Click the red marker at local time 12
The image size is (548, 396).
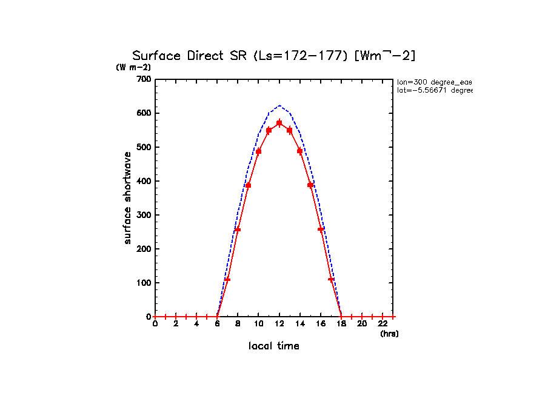pos(279,123)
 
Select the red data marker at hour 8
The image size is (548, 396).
pos(238,229)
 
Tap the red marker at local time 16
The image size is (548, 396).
pos(321,229)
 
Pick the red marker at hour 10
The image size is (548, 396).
pos(259,151)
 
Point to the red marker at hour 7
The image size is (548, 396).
pos(227,279)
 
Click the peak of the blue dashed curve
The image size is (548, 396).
pos(279,105)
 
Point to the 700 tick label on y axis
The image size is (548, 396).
pos(144,79)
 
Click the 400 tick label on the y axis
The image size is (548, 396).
pos(144,181)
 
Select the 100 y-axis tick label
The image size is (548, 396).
pos(144,283)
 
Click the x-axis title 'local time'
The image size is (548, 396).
pos(274,346)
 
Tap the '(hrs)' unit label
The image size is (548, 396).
pos(389,334)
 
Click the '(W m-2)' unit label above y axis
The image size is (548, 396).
pos(133,67)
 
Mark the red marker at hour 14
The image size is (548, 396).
pos(300,151)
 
